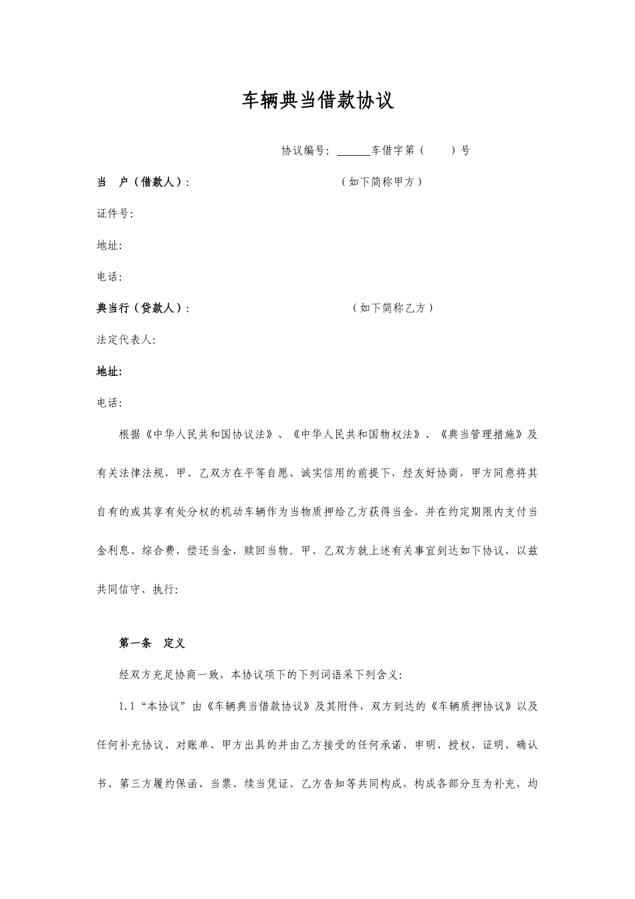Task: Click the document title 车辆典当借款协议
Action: pos(317,101)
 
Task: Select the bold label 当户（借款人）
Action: pos(141,182)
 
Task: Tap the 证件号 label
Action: pos(113,213)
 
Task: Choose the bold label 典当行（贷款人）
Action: pos(141,308)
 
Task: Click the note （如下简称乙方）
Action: pos(392,308)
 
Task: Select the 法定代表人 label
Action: pos(125,340)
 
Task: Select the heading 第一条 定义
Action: pos(152,643)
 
